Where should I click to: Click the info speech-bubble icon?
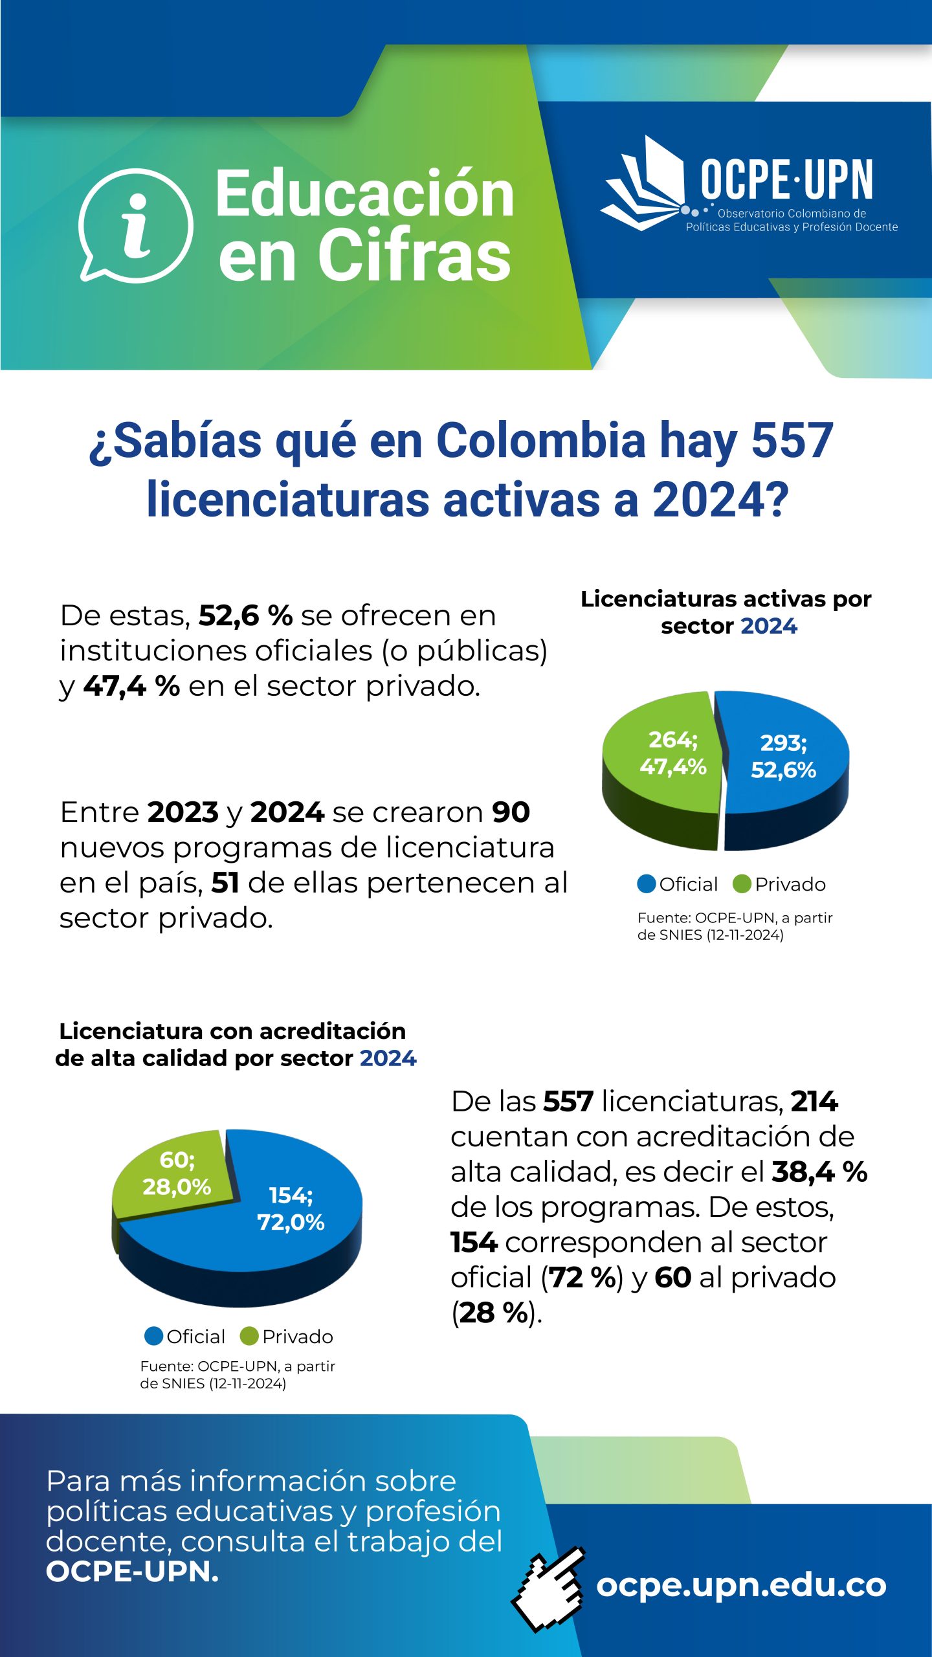tap(136, 225)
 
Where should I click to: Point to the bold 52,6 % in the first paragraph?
tap(245, 616)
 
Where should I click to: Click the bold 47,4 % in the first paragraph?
tap(131, 686)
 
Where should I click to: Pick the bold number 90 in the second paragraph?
tap(511, 812)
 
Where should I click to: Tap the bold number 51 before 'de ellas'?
tap(225, 883)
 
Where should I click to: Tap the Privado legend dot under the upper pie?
tap(742, 884)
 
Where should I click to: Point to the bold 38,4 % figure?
tap(819, 1172)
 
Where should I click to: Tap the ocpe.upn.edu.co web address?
tap(741, 1585)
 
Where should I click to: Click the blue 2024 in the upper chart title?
tap(769, 627)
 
